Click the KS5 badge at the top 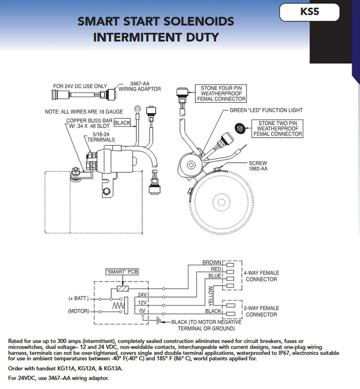tap(309, 12)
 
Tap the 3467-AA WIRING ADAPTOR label tap(139, 86)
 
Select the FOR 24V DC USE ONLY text tap(80, 86)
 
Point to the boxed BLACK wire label tap(122, 122)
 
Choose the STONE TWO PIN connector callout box tap(277, 128)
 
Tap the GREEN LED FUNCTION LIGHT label tap(266, 110)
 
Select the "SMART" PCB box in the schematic tap(122, 272)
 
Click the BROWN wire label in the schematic tap(212, 263)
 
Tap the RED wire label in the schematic tap(216, 269)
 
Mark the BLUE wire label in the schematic tap(215, 276)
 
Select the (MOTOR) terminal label tap(78, 312)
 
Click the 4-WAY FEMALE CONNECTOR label tap(261, 276)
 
